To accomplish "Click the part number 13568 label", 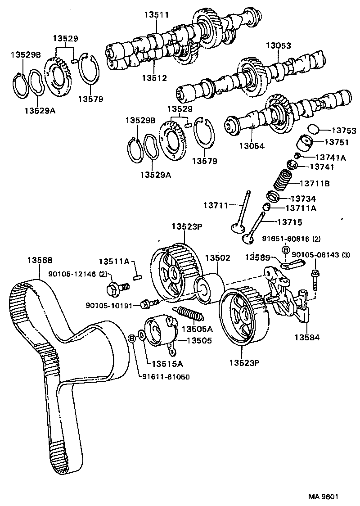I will click(40, 260).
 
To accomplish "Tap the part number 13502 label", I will click(218, 258).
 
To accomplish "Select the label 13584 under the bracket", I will click(307, 337).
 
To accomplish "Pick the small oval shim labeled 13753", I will click(312, 129).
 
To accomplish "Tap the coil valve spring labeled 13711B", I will click(284, 181).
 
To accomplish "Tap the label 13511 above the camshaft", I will click(156, 14).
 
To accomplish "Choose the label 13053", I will click(278, 45).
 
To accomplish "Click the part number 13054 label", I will click(252, 146).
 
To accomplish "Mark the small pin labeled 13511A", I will click(139, 274).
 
